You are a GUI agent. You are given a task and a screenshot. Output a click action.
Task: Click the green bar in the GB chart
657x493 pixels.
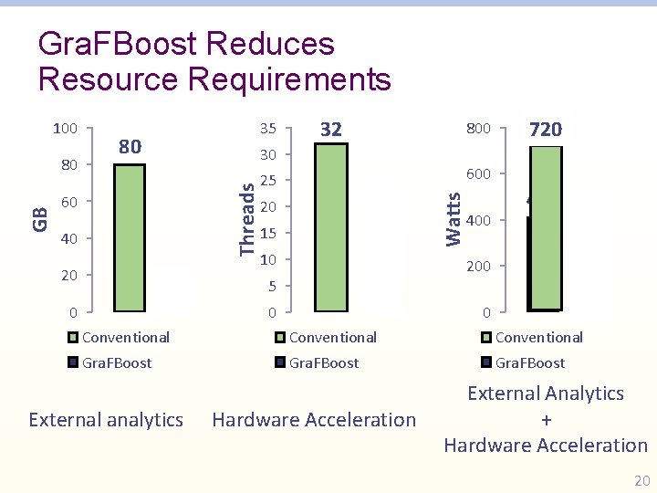coord(130,238)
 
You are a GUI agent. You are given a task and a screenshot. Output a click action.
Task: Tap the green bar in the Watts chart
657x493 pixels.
coord(546,228)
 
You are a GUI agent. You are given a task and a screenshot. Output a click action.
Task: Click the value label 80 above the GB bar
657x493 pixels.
coord(130,146)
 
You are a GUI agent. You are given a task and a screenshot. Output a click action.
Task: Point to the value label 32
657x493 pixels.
coord(331,129)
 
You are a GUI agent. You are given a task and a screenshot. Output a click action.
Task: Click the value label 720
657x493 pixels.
coord(546,130)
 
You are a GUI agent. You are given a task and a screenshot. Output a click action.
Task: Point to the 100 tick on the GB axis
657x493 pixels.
coord(65,128)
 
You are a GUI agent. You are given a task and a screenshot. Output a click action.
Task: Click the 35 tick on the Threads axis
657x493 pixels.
coord(267,128)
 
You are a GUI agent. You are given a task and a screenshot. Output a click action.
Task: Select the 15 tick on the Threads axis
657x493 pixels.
coord(267,234)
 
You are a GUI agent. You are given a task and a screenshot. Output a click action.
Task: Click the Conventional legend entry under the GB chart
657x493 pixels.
coord(125,337)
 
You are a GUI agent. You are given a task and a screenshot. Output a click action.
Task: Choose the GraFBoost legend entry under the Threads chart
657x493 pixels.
coord(324,362)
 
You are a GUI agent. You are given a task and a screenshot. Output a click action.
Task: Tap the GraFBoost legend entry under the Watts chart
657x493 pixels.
coord(530,362)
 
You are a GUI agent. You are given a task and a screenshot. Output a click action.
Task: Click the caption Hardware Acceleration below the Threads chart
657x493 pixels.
coord(314,420)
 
